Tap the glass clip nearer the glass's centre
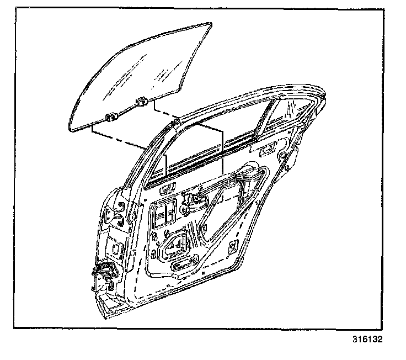pos(142,101)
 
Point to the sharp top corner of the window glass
pos(210,24)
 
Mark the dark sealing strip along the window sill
pos(210,163)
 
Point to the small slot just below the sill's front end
pos(165,191)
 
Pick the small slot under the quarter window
pos(270,148)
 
